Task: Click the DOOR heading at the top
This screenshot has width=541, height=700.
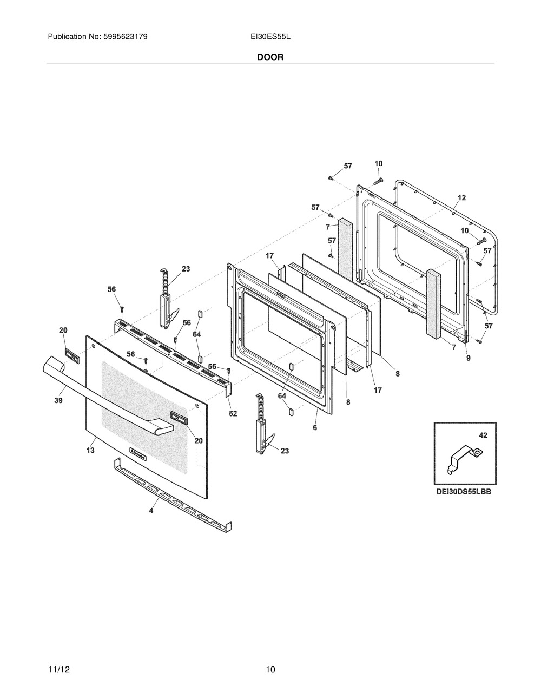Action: pos(270,57)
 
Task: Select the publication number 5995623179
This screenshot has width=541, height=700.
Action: pos(126,37)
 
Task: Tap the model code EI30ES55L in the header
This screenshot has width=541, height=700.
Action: pos(270,37)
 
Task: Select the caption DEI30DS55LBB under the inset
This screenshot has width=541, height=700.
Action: pos(464,492)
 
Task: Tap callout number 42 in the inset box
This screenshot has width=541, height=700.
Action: pos(483,435)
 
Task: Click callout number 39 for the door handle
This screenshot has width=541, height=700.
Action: pos(58,400)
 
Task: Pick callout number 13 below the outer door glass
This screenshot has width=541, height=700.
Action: pos(90,450)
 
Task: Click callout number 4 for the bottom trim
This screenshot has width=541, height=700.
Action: pos(151,511)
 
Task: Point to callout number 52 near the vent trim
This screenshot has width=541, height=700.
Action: pos(233,413)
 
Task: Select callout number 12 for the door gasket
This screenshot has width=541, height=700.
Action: pos(461,197)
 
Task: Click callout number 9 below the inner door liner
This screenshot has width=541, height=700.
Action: pos(468,358)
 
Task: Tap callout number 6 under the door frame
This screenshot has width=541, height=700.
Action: pos(315,427)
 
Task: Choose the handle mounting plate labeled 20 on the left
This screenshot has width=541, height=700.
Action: pos(72,356)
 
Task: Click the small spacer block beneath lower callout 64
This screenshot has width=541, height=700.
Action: pos(291,412)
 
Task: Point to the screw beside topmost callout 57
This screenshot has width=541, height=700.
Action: pos(331,177)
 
